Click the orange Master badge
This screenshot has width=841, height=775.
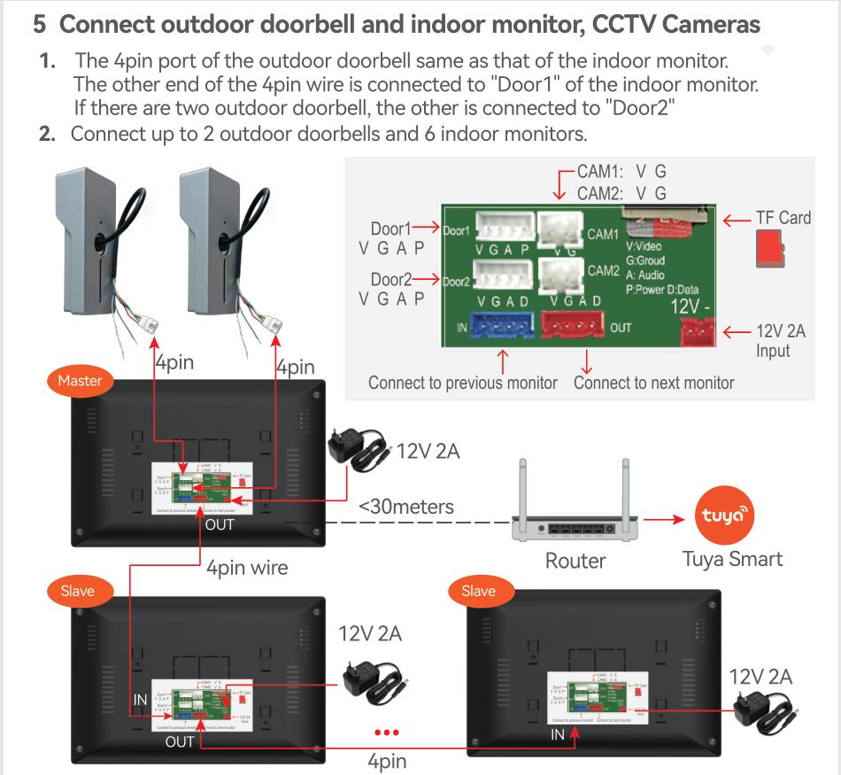tap(80, 381)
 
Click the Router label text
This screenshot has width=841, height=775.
tap(575, 560)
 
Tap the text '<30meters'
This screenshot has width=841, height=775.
tap(406, 508)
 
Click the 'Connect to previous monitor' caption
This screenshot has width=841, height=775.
tap(463, 384)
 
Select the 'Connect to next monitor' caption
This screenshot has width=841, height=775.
tap(654, 384)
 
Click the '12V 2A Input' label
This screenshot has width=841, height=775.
tap(780, 341)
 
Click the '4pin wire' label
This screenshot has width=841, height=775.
tap(247, 567)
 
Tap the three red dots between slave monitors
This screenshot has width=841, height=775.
tap(387, 733)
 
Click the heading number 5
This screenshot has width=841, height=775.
tap(40, 24)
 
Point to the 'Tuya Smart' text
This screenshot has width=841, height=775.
tap(732, 559)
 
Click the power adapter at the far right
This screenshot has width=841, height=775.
tap(767, 709)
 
